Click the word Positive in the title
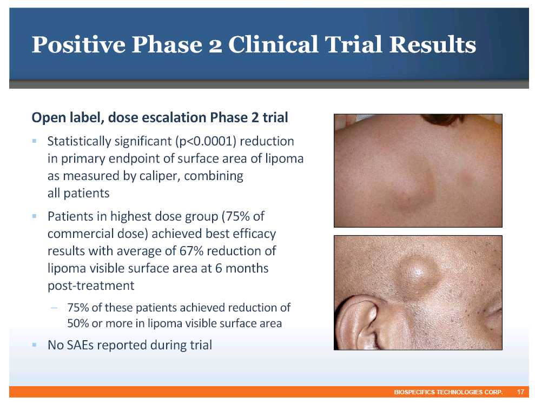click(x=78, y=45)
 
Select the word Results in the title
click(x=433, y=44)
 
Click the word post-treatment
click(x=91, y=286)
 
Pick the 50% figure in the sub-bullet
click(x=78, y=323)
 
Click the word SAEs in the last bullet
click(x=80, y=345)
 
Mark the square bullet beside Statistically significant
click(x=34, y=141)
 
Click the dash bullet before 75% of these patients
click(x=54, y=307)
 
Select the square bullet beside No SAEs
click(x=34, y=345)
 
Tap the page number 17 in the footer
click(x=520, y=392)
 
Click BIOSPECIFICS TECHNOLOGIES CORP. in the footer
click(x=448, y=392)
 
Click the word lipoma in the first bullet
click(x=282, y=159)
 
